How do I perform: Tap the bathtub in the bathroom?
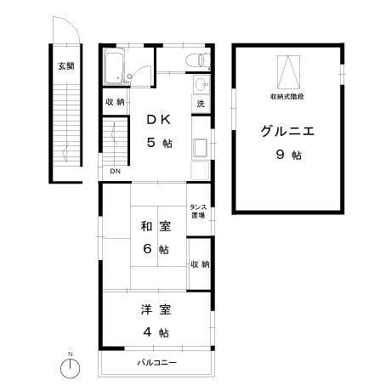pos(115,67)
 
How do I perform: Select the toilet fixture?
pos(196,60)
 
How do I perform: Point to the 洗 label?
pos(201,104)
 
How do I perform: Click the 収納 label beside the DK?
pos(116,102)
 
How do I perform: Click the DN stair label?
pos(115,171)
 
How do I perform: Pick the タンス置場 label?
pos(200,212)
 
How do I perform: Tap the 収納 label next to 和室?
pos(200,265)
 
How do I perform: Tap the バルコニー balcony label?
pos(157,363)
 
